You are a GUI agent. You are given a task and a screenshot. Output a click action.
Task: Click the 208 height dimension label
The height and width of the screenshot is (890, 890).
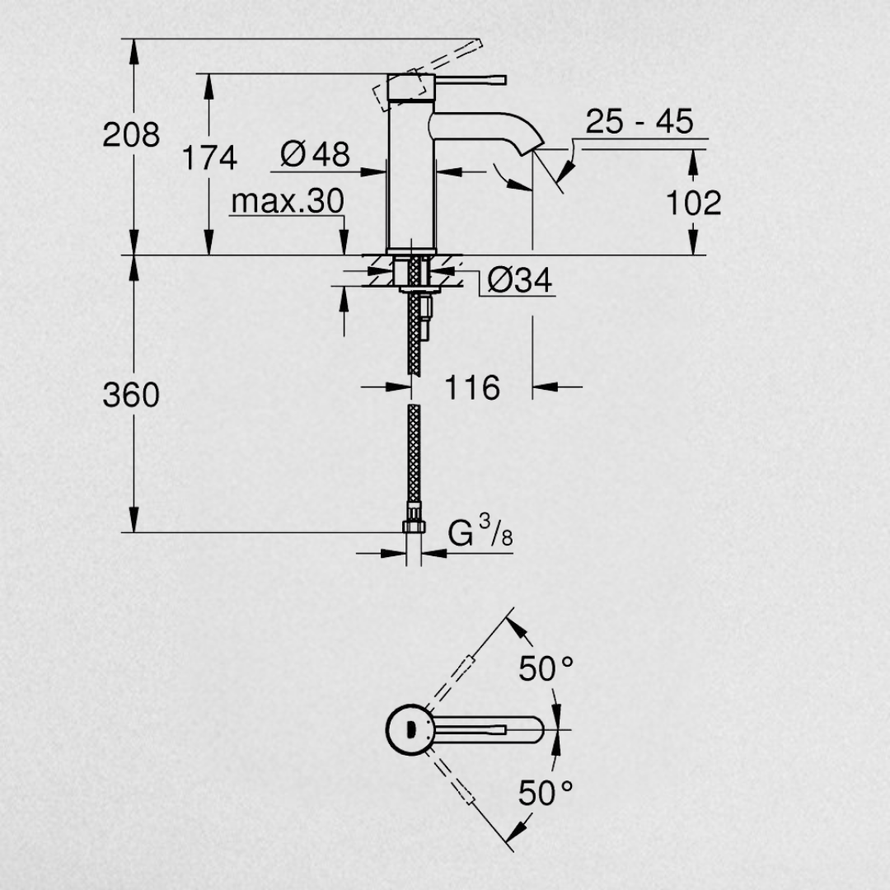pyautogui.click(x=131, y=135)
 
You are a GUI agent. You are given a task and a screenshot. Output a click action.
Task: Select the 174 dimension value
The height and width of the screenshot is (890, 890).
pyautogui.click(x=209, y=157)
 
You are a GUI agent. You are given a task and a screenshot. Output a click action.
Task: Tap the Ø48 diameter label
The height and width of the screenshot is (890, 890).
pyautogui.click(x=315, y=153)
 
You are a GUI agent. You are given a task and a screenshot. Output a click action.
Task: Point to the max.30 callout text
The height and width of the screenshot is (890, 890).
pyautogui.click(x=288, y=201)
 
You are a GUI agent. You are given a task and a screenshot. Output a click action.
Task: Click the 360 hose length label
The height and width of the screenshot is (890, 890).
pyautogui.click(x=131, y=395)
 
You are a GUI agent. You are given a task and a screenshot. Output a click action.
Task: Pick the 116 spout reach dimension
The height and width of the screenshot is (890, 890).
pyautogui.click(x=471, y=387)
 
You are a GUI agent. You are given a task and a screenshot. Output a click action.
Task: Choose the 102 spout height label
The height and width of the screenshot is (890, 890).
pyautogui.click(x=693, y=203)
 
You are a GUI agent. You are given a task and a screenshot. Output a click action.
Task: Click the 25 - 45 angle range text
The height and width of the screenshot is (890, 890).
pyautogui.click(x=639, y=121)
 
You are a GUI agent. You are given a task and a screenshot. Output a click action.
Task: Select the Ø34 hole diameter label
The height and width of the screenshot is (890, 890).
pyautogui.click(x=519, y=280)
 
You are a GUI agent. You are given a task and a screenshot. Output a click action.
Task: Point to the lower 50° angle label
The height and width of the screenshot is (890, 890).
pyautogui.click(x=546, y=793)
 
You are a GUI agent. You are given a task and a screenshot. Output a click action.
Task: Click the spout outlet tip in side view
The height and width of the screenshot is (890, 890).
pyautogui.click(x=536, y=148)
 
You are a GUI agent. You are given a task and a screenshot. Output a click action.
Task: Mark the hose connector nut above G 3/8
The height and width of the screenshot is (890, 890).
pyautogui.click(x=414, y=525)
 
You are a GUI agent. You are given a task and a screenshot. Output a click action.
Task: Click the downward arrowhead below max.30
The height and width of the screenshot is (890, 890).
pyautogui.click(x=344, y=242)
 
